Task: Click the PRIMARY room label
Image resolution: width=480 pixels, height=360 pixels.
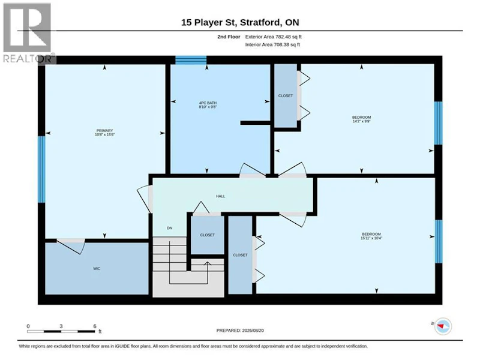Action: click(x=104, y=131)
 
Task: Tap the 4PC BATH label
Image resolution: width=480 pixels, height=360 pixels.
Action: click(x=208, y=103)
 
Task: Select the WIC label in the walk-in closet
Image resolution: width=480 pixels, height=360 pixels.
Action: click(x=97, y=269)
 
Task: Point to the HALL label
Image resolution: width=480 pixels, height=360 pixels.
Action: click(x=220, y=196)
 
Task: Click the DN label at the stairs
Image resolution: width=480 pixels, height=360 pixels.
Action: click(x=170, y=228)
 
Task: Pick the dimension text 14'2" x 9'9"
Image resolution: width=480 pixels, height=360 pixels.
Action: click(x=362, y=121)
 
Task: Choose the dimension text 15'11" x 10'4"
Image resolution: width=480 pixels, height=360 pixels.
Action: click(x=371, y=238)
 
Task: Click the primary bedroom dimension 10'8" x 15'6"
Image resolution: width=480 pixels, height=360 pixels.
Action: click(x=104, y=134)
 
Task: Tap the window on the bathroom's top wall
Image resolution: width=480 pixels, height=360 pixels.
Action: click(x=191, y=60)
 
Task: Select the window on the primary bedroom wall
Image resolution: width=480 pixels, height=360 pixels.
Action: click(x=41, y=169)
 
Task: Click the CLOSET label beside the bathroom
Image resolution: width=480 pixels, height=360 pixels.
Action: click(x=286, y=96)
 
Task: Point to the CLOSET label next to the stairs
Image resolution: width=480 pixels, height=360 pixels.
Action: click(x=207, y=235)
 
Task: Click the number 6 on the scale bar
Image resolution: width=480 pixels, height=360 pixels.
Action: click(x=95, y=326)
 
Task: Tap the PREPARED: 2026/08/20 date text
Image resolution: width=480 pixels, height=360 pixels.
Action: click(x=240, y=331)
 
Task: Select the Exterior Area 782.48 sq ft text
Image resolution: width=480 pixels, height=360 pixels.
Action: click(x=274, y=37)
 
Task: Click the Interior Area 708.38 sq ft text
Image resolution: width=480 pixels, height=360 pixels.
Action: click(x=272, y=44)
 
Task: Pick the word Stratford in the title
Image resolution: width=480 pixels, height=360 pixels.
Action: click(x=260, y=22)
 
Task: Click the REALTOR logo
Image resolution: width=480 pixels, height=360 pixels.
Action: click(x=29, y=33)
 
